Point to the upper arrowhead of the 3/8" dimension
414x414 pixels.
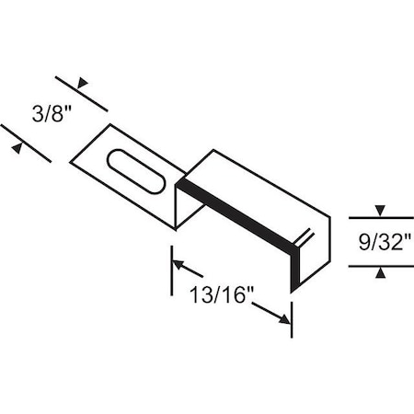[82, 83]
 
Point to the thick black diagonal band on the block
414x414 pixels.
[235, 212]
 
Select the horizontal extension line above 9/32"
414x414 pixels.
[382, 217]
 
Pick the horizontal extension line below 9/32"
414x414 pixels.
[382, 266]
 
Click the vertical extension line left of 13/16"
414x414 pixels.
[171, 271]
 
